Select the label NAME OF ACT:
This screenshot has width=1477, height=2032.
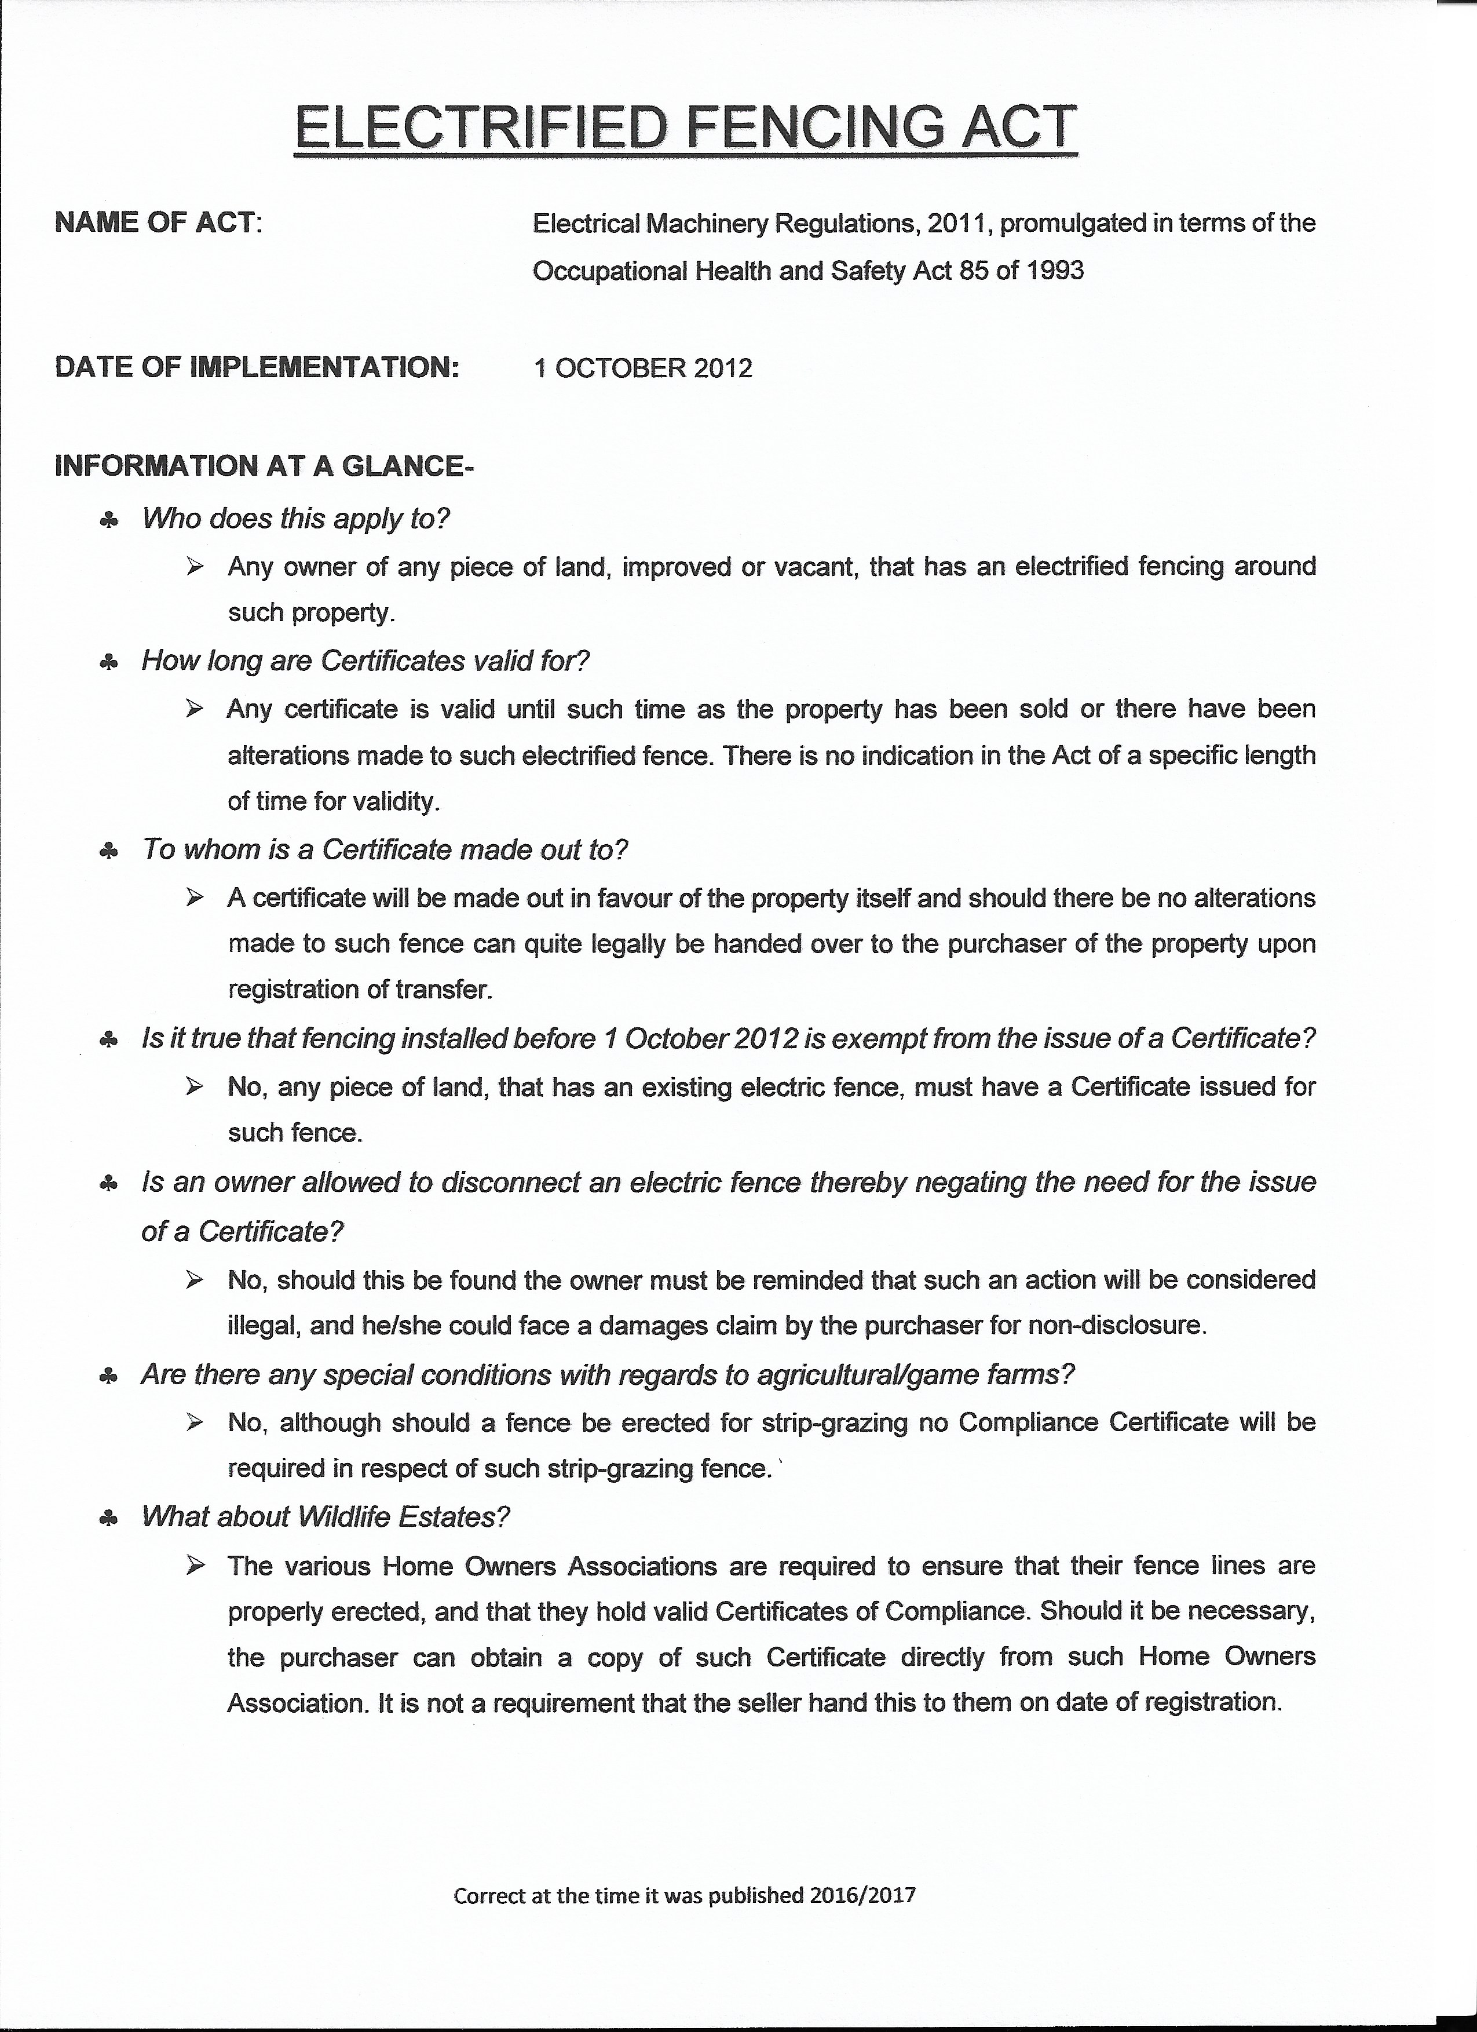click(159, 222)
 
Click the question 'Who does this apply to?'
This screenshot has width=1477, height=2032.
click(295, 518)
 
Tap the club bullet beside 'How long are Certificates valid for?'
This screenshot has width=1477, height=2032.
click(108, 663)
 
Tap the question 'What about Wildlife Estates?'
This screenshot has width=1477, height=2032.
click(326, 1517)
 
